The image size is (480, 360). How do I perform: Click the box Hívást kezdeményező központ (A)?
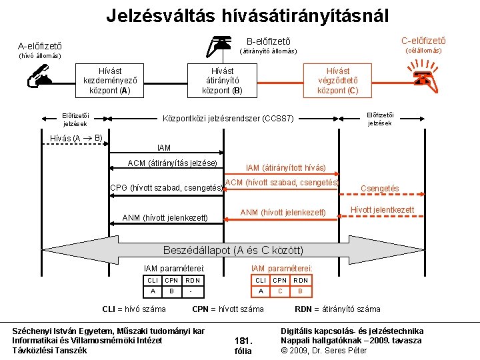click(106, 81)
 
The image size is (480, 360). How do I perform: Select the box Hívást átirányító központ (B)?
click(221, 81)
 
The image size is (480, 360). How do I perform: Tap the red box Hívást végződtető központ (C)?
click(337, 81)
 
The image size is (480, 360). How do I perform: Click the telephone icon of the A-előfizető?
click(39, 79)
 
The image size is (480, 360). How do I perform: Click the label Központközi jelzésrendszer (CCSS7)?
click(228, 119)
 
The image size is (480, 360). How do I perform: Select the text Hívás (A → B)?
click(76, 139)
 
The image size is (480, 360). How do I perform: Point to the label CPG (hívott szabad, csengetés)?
click(165, 188)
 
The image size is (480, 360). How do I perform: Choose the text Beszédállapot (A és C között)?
click(233, 251)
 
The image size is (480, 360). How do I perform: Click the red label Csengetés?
click(379, 189)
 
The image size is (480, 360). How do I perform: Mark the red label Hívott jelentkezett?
click(382, 210)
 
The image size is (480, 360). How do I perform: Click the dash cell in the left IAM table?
click(192, 291)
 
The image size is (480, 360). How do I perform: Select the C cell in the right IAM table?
click(280, 291)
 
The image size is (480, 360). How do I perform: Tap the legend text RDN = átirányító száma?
click(337, 309)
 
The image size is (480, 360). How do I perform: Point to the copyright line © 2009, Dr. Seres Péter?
click(324, 350)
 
